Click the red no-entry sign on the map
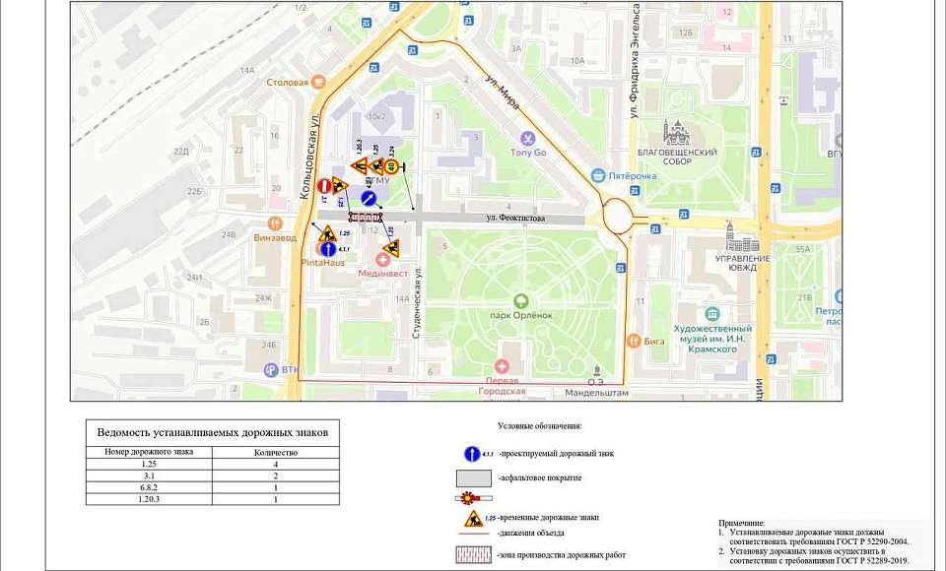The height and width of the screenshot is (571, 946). point(324,184)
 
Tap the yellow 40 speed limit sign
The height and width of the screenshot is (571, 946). point(391,166)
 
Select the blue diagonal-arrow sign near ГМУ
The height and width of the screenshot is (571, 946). point(369,199)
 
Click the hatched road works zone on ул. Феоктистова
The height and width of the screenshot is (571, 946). point(366,217)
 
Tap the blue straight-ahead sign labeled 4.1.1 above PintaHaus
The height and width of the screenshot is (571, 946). point(324,249)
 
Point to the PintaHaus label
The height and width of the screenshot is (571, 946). point(321,264)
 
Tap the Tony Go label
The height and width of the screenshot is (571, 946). point(528,153)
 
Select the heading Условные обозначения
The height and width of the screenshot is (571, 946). point(540,427)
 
